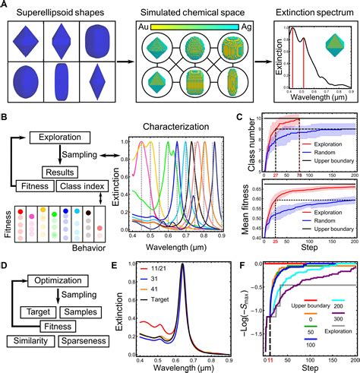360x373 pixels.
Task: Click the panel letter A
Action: click(x=5, y=5)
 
